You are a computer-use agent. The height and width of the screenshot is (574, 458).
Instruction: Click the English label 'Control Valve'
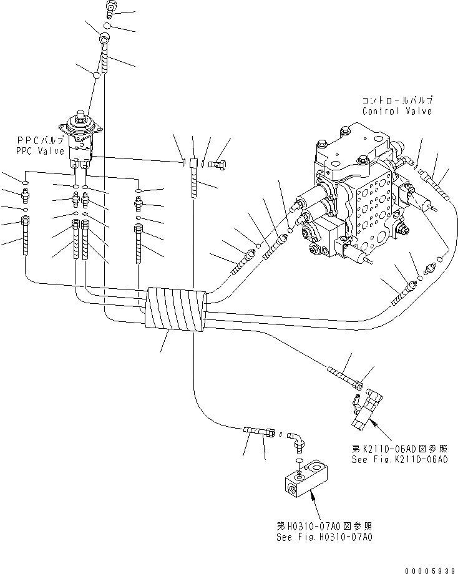(x=397, y=111)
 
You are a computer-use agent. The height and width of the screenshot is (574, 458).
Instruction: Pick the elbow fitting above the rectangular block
(x=297, y=442)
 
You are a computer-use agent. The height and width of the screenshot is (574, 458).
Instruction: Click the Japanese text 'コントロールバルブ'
(x=397, y=100)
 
